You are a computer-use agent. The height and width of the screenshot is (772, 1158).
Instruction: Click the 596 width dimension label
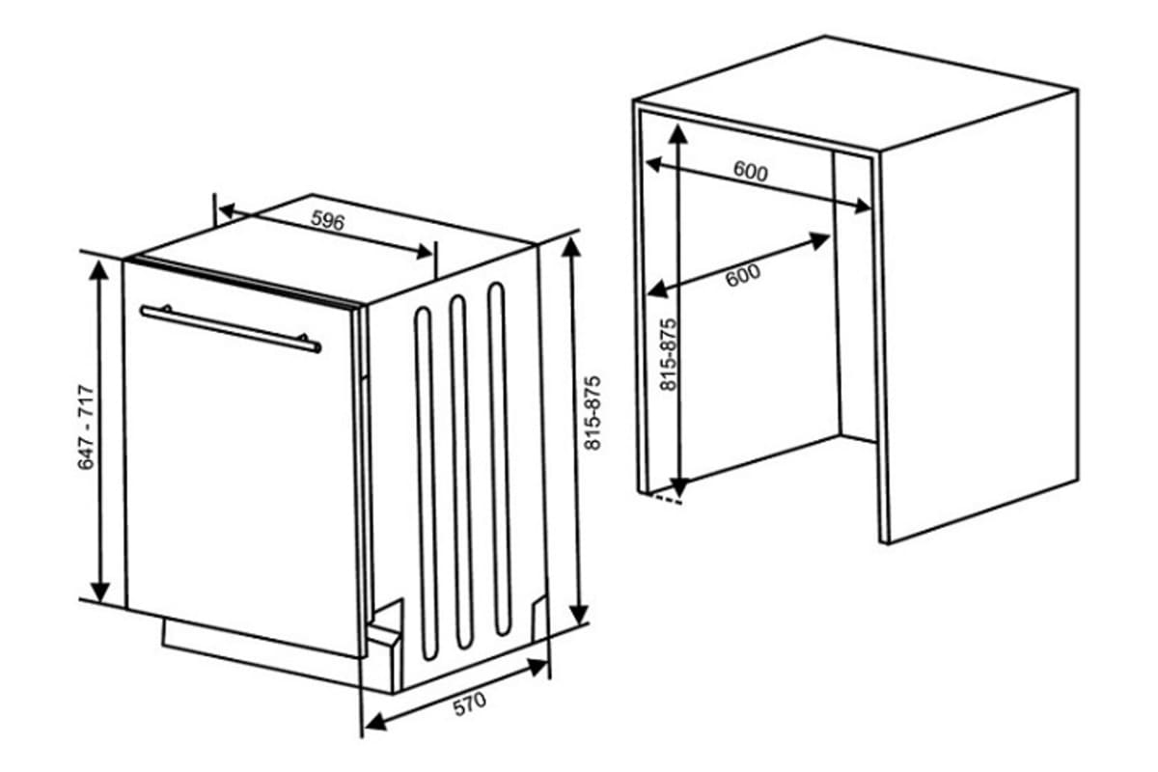[x=328, y=221]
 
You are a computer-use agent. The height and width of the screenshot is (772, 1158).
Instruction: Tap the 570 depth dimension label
[x=470, y=704]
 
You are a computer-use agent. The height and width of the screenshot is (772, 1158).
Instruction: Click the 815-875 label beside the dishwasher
[x=593, y=411]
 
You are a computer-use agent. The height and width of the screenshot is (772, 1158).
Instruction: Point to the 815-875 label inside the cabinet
[x=667, y=354]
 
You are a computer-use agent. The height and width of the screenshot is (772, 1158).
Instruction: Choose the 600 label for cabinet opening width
[x=750, y=172]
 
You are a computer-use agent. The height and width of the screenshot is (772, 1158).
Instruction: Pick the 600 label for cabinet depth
[x=743, y=275]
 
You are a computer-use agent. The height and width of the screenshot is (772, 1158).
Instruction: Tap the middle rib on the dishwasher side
[x=459, y=473]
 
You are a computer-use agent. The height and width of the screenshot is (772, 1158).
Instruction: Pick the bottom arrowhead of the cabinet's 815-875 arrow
[x=681, y=486]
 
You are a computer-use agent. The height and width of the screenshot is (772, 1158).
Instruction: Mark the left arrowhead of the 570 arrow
[x=372, y=723]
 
